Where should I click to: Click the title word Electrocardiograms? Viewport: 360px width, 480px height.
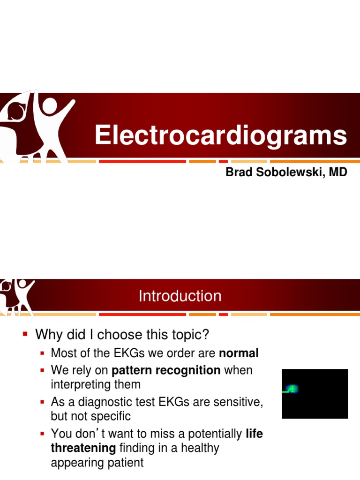point(221,135)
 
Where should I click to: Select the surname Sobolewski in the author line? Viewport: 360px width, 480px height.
point(286,172)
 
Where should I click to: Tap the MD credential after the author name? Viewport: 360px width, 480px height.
point(338,172)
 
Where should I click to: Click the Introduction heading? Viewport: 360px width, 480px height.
point(180,296)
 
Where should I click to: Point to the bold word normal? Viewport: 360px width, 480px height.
point(239,353)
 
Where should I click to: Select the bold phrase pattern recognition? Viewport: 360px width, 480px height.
point(166,370)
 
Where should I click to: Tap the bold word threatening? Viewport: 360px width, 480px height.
point(83,448)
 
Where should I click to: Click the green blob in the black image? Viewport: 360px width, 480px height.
point(293,389)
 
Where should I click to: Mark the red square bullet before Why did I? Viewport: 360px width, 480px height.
point(26,334)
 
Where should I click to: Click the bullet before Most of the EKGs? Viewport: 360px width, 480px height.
point(43,353)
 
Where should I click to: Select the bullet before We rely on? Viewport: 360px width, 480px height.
point(43,370)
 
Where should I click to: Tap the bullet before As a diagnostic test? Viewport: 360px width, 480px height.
point(43,402)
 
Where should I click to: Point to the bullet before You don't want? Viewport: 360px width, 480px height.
point(43,434)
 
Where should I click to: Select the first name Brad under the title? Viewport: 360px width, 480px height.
point(237,172)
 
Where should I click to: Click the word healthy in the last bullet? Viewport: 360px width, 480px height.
point(200,448)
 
